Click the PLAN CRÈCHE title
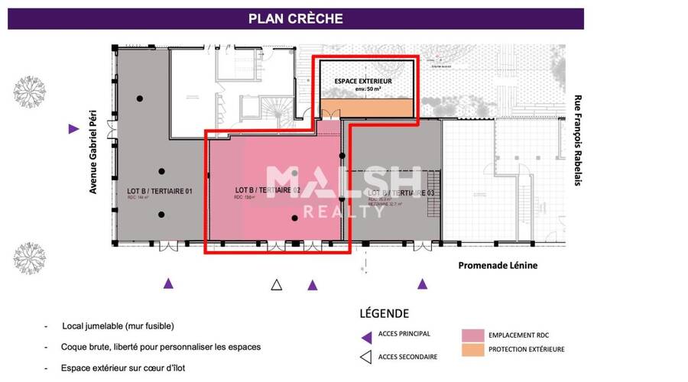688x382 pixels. tap(295, 18)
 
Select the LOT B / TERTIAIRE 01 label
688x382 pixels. tap(159, 190)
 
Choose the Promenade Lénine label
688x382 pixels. tap(498, 265)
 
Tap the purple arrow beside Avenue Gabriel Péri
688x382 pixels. tap(74, 129)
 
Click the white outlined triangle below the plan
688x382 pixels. tap(277, 285)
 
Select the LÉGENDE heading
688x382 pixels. tap(384, 313)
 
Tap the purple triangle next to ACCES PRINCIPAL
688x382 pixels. tap(367, 335)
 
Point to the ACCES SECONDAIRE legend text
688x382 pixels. tap(409, 356)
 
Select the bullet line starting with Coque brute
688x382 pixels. tap(161, 347)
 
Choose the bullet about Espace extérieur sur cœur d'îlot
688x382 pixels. tap(123, 367)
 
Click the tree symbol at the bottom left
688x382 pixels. tap(30, 257)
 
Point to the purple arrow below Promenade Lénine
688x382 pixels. tap(422, 284)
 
